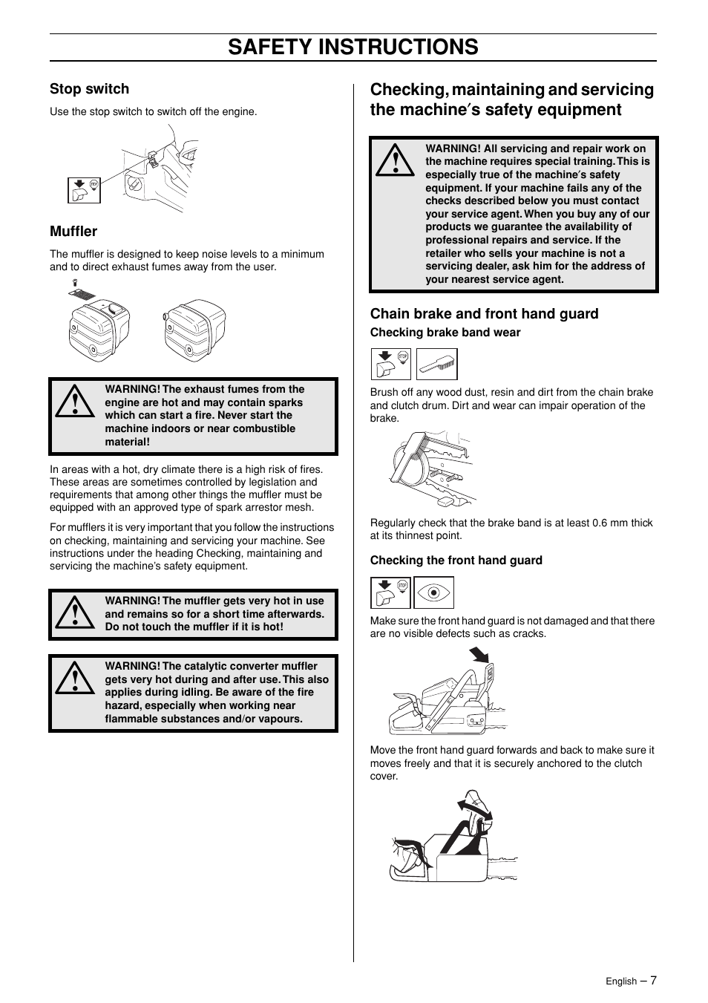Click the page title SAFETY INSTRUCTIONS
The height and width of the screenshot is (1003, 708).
tap(353, 47)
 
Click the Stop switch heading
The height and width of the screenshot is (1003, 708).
tap(89, 89)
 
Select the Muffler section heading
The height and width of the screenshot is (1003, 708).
tap(73, 231)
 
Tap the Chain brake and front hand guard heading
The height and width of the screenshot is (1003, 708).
tap(484, 313)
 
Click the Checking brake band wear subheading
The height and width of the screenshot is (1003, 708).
tap(445, 333)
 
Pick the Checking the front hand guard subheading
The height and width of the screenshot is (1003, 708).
tap(456, 561)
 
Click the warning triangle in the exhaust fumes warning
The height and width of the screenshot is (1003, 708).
tap(74, 402)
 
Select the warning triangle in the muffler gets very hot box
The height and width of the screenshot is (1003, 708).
tap(74, 613)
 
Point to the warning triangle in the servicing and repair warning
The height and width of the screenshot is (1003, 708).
tap(394, 160)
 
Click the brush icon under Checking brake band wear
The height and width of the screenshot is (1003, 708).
tap(436, 365)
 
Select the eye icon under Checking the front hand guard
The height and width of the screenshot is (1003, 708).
tap(433, 593)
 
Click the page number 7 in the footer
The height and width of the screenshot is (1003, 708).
tap(653, 980)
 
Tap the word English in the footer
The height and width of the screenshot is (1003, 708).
tap(620, 981)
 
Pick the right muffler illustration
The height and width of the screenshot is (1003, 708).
tap(193, 327)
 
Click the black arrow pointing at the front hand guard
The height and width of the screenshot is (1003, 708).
tap(479, 655)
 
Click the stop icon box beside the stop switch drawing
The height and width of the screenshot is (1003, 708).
tap(84, 191)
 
